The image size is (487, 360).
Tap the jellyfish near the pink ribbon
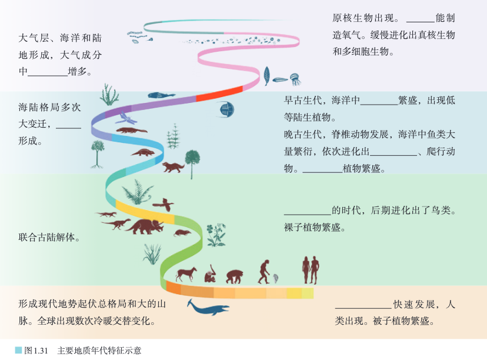pyautogui.click(x=295, y=77)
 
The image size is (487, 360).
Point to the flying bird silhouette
pyautogui.click(x=164, y=204)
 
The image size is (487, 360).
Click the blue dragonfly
pyautogui.click(x=124, y=114)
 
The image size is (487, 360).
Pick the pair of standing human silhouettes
pyautogui.click(x=311, y=269)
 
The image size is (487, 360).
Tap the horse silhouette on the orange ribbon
pyautogui.click(x=186, y=274)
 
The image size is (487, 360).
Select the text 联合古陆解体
pyautogui.click(x=49, y=238)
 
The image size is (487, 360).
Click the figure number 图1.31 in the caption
pyautogui.click(x=36, y=351)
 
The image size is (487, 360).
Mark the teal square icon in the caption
pyautogui.click(x=18, y=351)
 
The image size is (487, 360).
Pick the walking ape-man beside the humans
pyautogui.click(x=264, y=271)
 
